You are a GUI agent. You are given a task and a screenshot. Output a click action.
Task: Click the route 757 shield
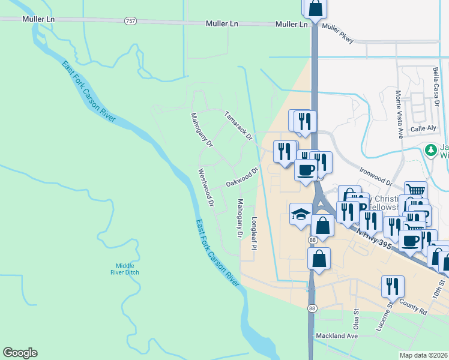(x=130, y=21)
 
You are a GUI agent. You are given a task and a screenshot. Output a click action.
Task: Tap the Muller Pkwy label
(x=338, y=34)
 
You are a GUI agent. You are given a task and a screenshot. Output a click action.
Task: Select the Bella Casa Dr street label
(x=436, y=86)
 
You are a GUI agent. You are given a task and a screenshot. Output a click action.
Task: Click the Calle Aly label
(x=423, y=128)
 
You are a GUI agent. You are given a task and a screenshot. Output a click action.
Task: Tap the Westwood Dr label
(x=206, y=187)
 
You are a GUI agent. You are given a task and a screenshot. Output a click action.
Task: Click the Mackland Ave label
(x=337, y=336)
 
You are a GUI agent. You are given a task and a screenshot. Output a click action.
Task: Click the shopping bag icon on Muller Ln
(x=315, y=9)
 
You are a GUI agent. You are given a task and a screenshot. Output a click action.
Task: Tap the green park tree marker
(x=430, y=150)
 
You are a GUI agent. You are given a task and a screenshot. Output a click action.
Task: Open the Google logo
(x=20, y=353)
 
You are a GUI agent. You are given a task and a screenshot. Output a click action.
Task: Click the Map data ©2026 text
(x=423, y=355)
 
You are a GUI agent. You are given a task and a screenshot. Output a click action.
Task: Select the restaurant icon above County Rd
(x=393, y=285)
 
